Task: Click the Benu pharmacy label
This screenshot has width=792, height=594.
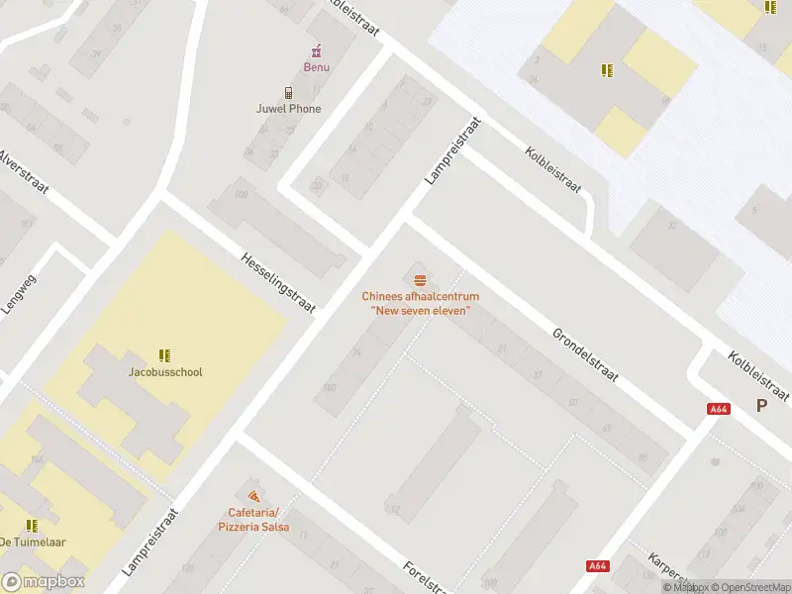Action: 316,67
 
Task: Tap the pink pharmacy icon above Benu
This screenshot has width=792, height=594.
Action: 316,50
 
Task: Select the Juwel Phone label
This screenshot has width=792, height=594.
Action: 288,109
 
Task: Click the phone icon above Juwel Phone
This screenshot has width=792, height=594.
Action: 288,92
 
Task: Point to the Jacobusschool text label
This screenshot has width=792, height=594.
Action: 165,372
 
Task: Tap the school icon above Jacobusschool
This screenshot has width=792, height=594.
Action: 165,354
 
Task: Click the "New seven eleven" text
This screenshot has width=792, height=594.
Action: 420,311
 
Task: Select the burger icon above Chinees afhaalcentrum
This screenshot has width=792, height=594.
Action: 420,279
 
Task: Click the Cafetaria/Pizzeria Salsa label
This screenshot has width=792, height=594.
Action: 253,520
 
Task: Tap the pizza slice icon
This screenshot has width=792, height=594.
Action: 253,495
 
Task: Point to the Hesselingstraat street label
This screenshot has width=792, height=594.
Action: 278,282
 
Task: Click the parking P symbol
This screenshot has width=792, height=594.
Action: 761,405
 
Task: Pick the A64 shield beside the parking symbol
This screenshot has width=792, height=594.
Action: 719,409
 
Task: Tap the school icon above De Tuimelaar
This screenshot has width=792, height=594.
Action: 32,525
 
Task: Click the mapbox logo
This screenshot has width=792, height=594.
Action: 44,582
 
